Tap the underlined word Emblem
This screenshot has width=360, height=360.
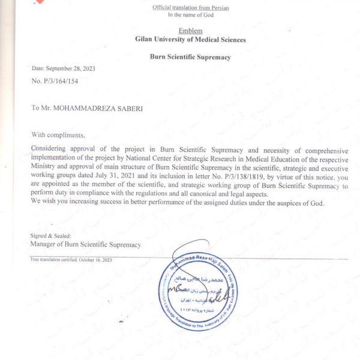[190, 31]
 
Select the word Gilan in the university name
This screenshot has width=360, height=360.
[145, 40]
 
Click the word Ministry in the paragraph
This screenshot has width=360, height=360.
[46, 167]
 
